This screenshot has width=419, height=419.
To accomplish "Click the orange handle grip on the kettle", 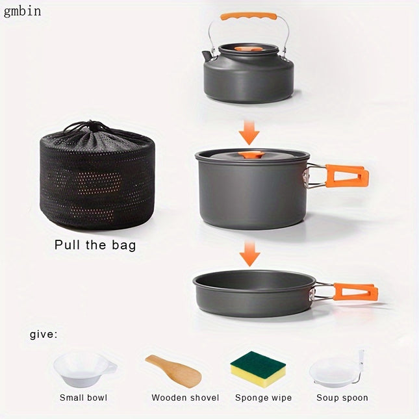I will (x=248, y=16).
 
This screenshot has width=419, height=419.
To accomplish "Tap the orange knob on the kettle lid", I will (x=249, y=49).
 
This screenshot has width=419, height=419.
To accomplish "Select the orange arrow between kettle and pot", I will (x=248, y=133).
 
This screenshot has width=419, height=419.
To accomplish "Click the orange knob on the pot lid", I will (x=250, y=155).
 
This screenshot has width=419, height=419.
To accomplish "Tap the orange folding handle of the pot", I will (x=347, y=175).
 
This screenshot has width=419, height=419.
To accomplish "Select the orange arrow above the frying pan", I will (x=248, y=252).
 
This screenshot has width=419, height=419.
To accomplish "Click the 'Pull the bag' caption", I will (x=95, y=246).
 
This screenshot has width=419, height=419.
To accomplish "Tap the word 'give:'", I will (x=44, y=335).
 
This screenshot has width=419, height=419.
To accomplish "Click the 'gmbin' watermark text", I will (x=22, y=12).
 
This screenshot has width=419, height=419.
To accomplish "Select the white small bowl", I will (x=83, y=369).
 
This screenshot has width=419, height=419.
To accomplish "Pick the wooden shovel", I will (x=172, y=370).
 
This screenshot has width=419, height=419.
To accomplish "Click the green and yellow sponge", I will (x=258, y=368).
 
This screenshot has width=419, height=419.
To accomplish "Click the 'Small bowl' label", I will (x=83, y=398).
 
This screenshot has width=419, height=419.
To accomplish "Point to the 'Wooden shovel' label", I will (x=185, y=398).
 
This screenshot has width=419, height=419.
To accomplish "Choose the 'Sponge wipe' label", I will (x=263, y=398).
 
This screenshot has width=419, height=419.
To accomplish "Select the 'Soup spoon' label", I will (x=342, y=398).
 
